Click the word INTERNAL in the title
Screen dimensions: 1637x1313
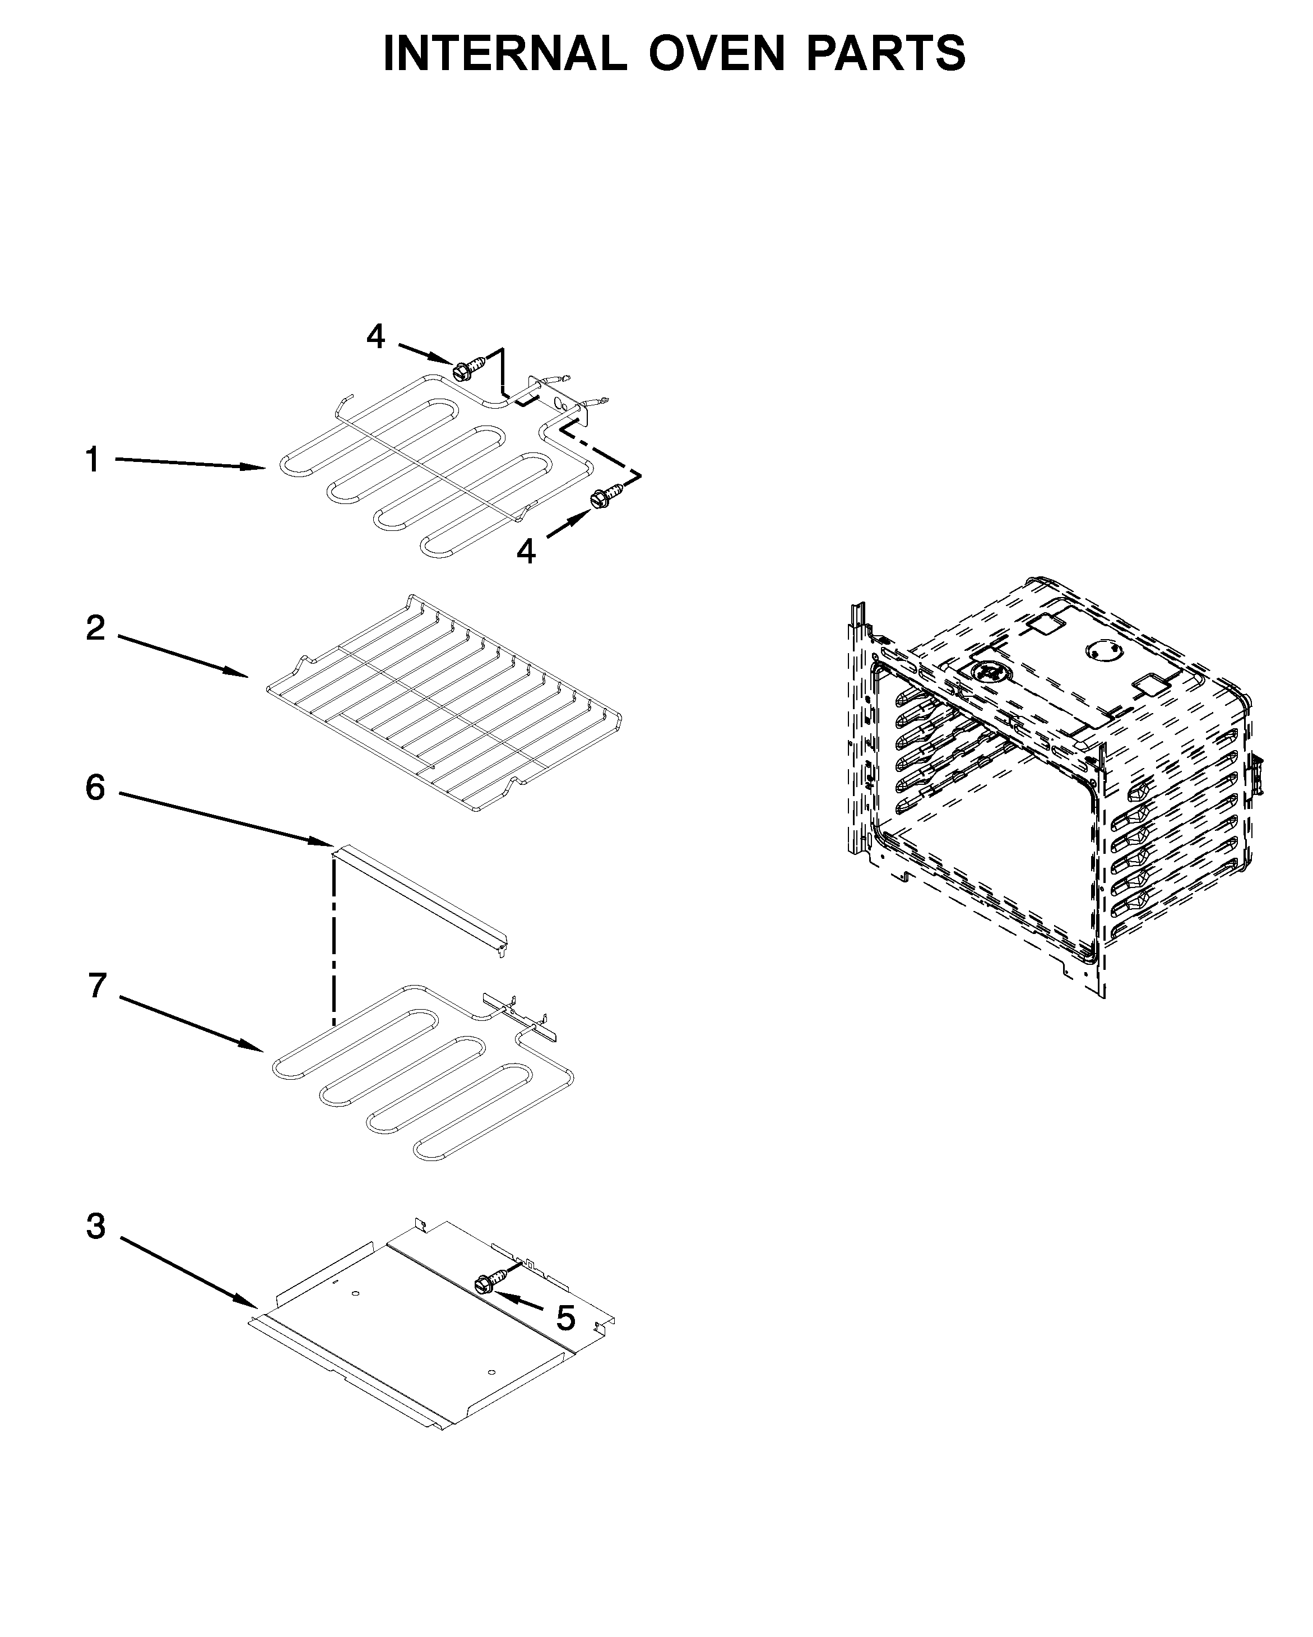coord(504,53)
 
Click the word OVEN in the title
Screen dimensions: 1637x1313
coord(715,53)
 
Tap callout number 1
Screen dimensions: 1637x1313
coord(92,460)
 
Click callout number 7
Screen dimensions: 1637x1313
coord(96,986)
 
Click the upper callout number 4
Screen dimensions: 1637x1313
coord(375,336)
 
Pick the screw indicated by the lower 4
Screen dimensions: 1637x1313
coord(604,498)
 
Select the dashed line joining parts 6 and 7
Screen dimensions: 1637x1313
coord(333,941)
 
